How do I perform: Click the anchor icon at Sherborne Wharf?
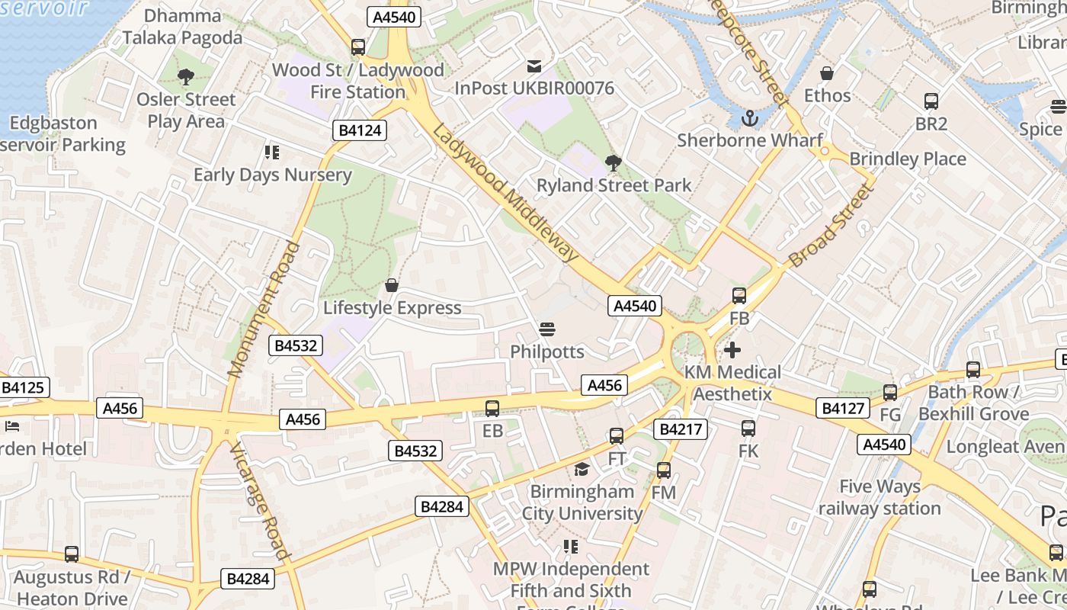pos(751,118)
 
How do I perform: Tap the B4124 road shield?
pos(360,130)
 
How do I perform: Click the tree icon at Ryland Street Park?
pos(612,162)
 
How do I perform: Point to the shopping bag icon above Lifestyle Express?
pos(391,285)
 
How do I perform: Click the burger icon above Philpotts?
pos(546,329)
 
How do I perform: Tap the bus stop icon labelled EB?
pos(492,409)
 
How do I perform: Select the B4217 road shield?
pos(680,429)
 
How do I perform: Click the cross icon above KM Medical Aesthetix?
pos(732,350)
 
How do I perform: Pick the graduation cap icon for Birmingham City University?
pos(582,469)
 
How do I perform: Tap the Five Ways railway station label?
pos(880,497)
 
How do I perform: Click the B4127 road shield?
pos(843,408)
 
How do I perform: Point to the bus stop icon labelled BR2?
pos(931,101)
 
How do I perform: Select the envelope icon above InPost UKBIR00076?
pos(534,66)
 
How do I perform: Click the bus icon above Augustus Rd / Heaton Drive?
pos(72,554)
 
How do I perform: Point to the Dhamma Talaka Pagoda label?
pos(183,27)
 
